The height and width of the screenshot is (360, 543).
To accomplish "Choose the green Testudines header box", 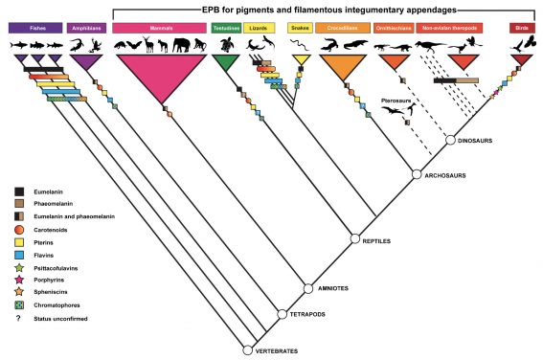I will (225, 28).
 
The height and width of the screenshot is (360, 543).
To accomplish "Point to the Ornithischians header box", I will (393, 28).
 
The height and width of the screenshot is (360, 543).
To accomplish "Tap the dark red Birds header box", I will (522, 28).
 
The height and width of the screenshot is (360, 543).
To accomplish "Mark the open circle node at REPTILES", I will (354, 239).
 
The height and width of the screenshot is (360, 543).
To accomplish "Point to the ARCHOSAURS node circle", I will (417, 174).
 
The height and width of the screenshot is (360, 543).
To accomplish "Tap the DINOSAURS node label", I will (477, 141).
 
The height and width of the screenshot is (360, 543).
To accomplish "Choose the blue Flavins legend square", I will (19, 256).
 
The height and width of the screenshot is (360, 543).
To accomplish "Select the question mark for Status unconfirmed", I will (19, 318).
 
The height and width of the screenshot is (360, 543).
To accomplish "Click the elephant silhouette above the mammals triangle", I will (182, 43).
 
